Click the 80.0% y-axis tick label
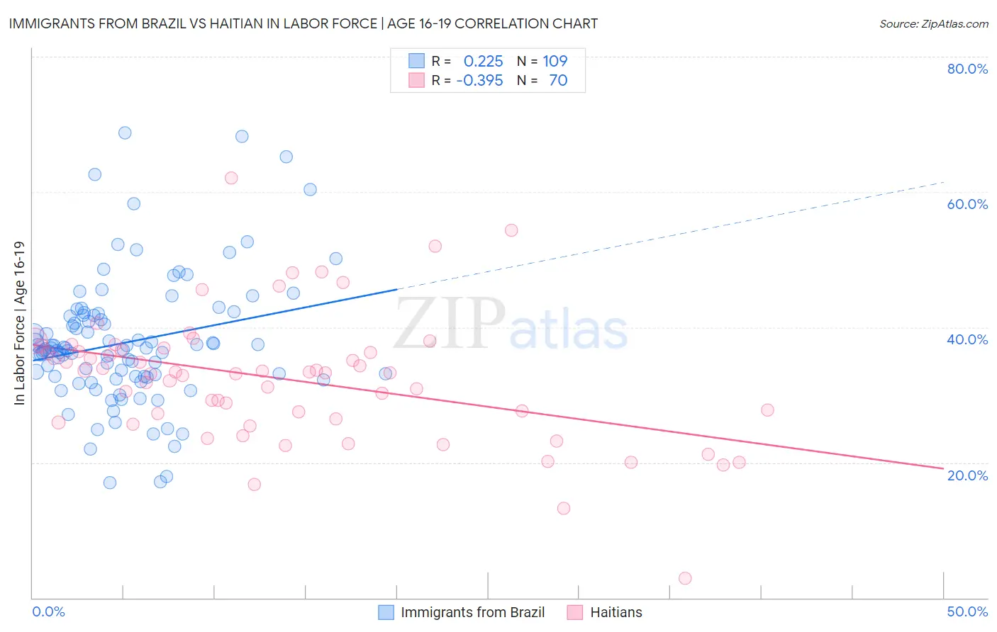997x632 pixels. [x=967, y=69]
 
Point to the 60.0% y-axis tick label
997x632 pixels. [x=967, y=204]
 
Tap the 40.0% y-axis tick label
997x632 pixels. [x=967, y=339]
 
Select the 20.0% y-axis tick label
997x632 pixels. [x=967, y=475]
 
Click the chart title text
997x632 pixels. [x=303, y=23]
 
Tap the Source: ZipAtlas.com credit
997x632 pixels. [x=933, y=23]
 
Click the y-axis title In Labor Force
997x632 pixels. [x=19, y=323]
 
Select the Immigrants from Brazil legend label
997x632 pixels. [x=472, y=612]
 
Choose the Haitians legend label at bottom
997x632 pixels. [x=616, y=612]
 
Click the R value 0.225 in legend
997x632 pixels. [x=483, y=61]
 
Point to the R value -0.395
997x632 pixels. [x=479, y=80]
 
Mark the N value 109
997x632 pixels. [x=555, y=61]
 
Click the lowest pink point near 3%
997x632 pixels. [x=685, y=578]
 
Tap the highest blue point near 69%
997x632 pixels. [x=125, y=132]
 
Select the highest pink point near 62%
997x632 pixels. [x=231, y=178]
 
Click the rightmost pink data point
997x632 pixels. [x=767, y=410]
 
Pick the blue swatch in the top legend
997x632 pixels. [x=416, y=61]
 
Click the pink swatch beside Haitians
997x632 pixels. [x=574, y=612]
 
